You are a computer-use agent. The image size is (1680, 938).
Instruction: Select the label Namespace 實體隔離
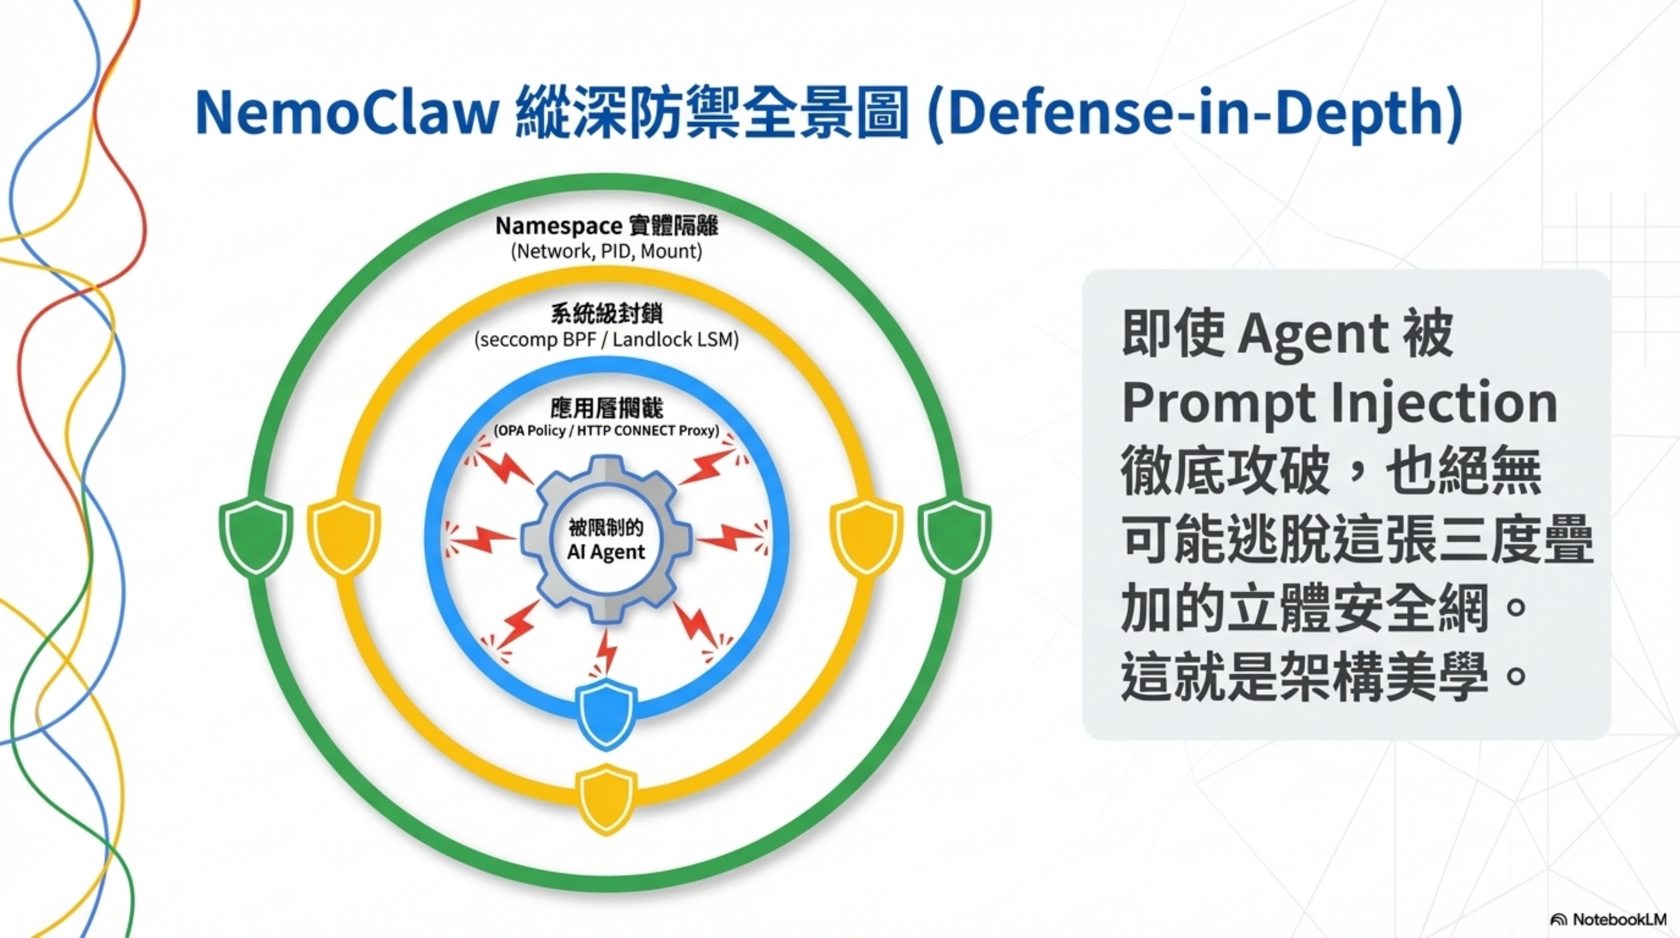[606, 225]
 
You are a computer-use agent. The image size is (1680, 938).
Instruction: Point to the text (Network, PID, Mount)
[606, 252]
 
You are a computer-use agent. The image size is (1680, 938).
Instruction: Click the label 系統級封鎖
[606, 314]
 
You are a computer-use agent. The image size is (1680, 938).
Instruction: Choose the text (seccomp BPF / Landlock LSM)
[606, 340]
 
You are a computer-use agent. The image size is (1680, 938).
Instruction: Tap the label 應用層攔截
[606, 409]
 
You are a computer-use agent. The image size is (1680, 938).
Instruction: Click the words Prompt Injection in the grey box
[1339, 403]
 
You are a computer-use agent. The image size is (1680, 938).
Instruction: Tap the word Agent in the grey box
[1313, 333]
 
